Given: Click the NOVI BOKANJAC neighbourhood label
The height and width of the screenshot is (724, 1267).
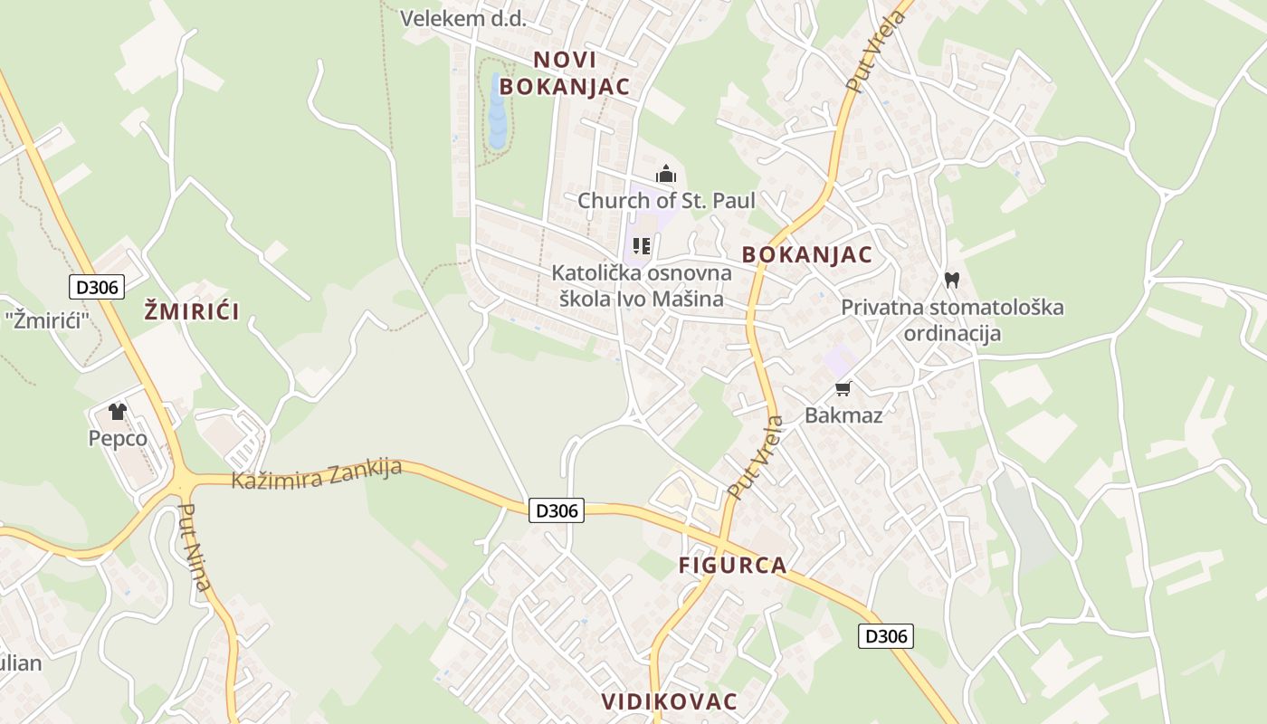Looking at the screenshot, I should click(564, 73).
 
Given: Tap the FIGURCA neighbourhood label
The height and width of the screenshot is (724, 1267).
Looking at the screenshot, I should click(733, 566).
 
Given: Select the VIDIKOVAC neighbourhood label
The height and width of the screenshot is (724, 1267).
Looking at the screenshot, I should click(670, 701).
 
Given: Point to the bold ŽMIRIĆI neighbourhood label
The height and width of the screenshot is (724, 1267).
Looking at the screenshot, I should click(192, 312).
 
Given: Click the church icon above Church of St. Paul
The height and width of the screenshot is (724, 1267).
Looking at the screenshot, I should click(666, 174).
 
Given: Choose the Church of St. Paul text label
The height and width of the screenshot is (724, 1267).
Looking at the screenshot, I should click(666, 200).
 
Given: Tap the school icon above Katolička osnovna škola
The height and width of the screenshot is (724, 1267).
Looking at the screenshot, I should click(642, 246).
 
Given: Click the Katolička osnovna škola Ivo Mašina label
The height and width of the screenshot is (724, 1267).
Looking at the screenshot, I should click(642, 286).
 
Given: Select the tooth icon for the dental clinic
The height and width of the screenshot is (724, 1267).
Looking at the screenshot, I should click(951, 280).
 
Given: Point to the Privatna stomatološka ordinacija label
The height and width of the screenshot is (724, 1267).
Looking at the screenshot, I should click(952, 320).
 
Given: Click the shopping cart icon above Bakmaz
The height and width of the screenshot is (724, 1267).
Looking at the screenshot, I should click(843, 389).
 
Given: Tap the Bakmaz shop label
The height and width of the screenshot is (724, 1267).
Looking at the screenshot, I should click(843, 415).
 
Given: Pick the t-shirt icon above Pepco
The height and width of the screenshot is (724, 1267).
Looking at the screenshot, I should click(118, 412).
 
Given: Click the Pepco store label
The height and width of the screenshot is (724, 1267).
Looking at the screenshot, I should click(118, 438).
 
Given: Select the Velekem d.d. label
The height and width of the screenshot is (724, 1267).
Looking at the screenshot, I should click(462, 18).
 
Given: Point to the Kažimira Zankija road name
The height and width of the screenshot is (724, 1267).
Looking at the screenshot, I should click(317, 473).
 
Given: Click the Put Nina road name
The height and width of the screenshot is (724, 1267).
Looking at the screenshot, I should click(195, 548).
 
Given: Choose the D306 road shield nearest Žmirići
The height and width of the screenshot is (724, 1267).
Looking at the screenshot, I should click(97, 287).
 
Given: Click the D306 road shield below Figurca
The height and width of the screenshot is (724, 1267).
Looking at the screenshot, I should click(885, 636).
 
